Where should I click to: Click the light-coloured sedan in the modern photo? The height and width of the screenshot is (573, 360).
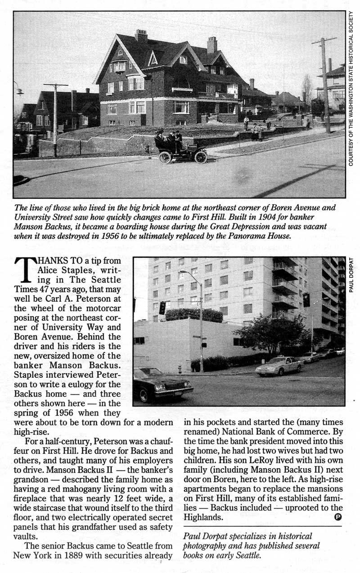(279, 365)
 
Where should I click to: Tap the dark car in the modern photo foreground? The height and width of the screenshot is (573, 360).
(162, 385)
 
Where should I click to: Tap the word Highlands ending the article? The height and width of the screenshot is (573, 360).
(205, 517)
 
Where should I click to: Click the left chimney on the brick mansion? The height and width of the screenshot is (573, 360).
(141, 36)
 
